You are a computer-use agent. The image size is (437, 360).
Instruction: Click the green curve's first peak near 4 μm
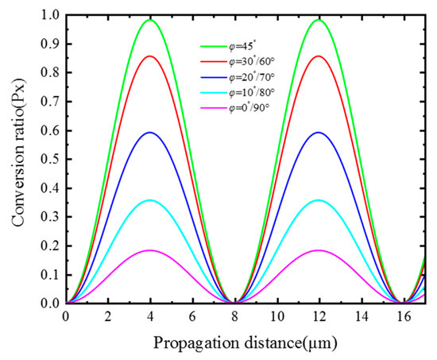[149, 20]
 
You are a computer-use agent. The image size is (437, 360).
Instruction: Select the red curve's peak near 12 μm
[319, 56]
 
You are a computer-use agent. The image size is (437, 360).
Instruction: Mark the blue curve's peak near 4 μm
[149, 132]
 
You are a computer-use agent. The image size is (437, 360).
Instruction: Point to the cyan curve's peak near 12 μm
[319, 200]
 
